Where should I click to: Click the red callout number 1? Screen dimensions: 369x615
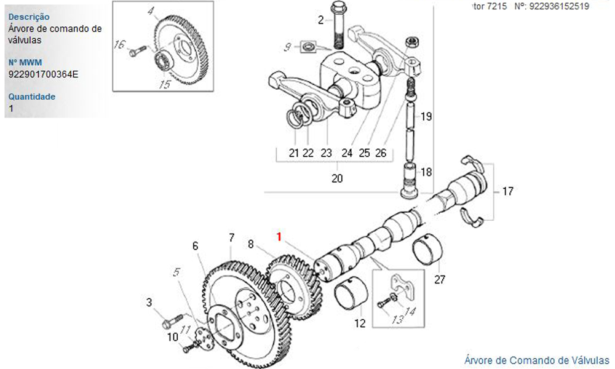click(280, 236)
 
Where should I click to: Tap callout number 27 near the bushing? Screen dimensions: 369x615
click(439, 280)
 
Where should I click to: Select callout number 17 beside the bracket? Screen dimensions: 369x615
click(507, 191)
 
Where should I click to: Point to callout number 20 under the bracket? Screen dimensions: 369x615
click(336, 178)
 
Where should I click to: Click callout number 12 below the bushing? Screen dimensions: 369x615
click(360, 322)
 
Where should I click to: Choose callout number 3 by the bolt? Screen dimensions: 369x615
click(148, 302)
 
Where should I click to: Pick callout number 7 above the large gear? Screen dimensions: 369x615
click(231, 237)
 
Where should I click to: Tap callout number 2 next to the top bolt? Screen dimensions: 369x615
click(320, 20)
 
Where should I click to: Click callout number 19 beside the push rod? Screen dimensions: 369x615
click(426, 116)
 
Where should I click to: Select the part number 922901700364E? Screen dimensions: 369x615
click(44, 74)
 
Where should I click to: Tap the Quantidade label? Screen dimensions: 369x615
click(32, 97)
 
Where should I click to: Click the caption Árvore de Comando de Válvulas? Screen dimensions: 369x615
click(536, 360)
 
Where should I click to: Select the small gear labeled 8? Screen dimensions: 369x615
click(294, 287)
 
